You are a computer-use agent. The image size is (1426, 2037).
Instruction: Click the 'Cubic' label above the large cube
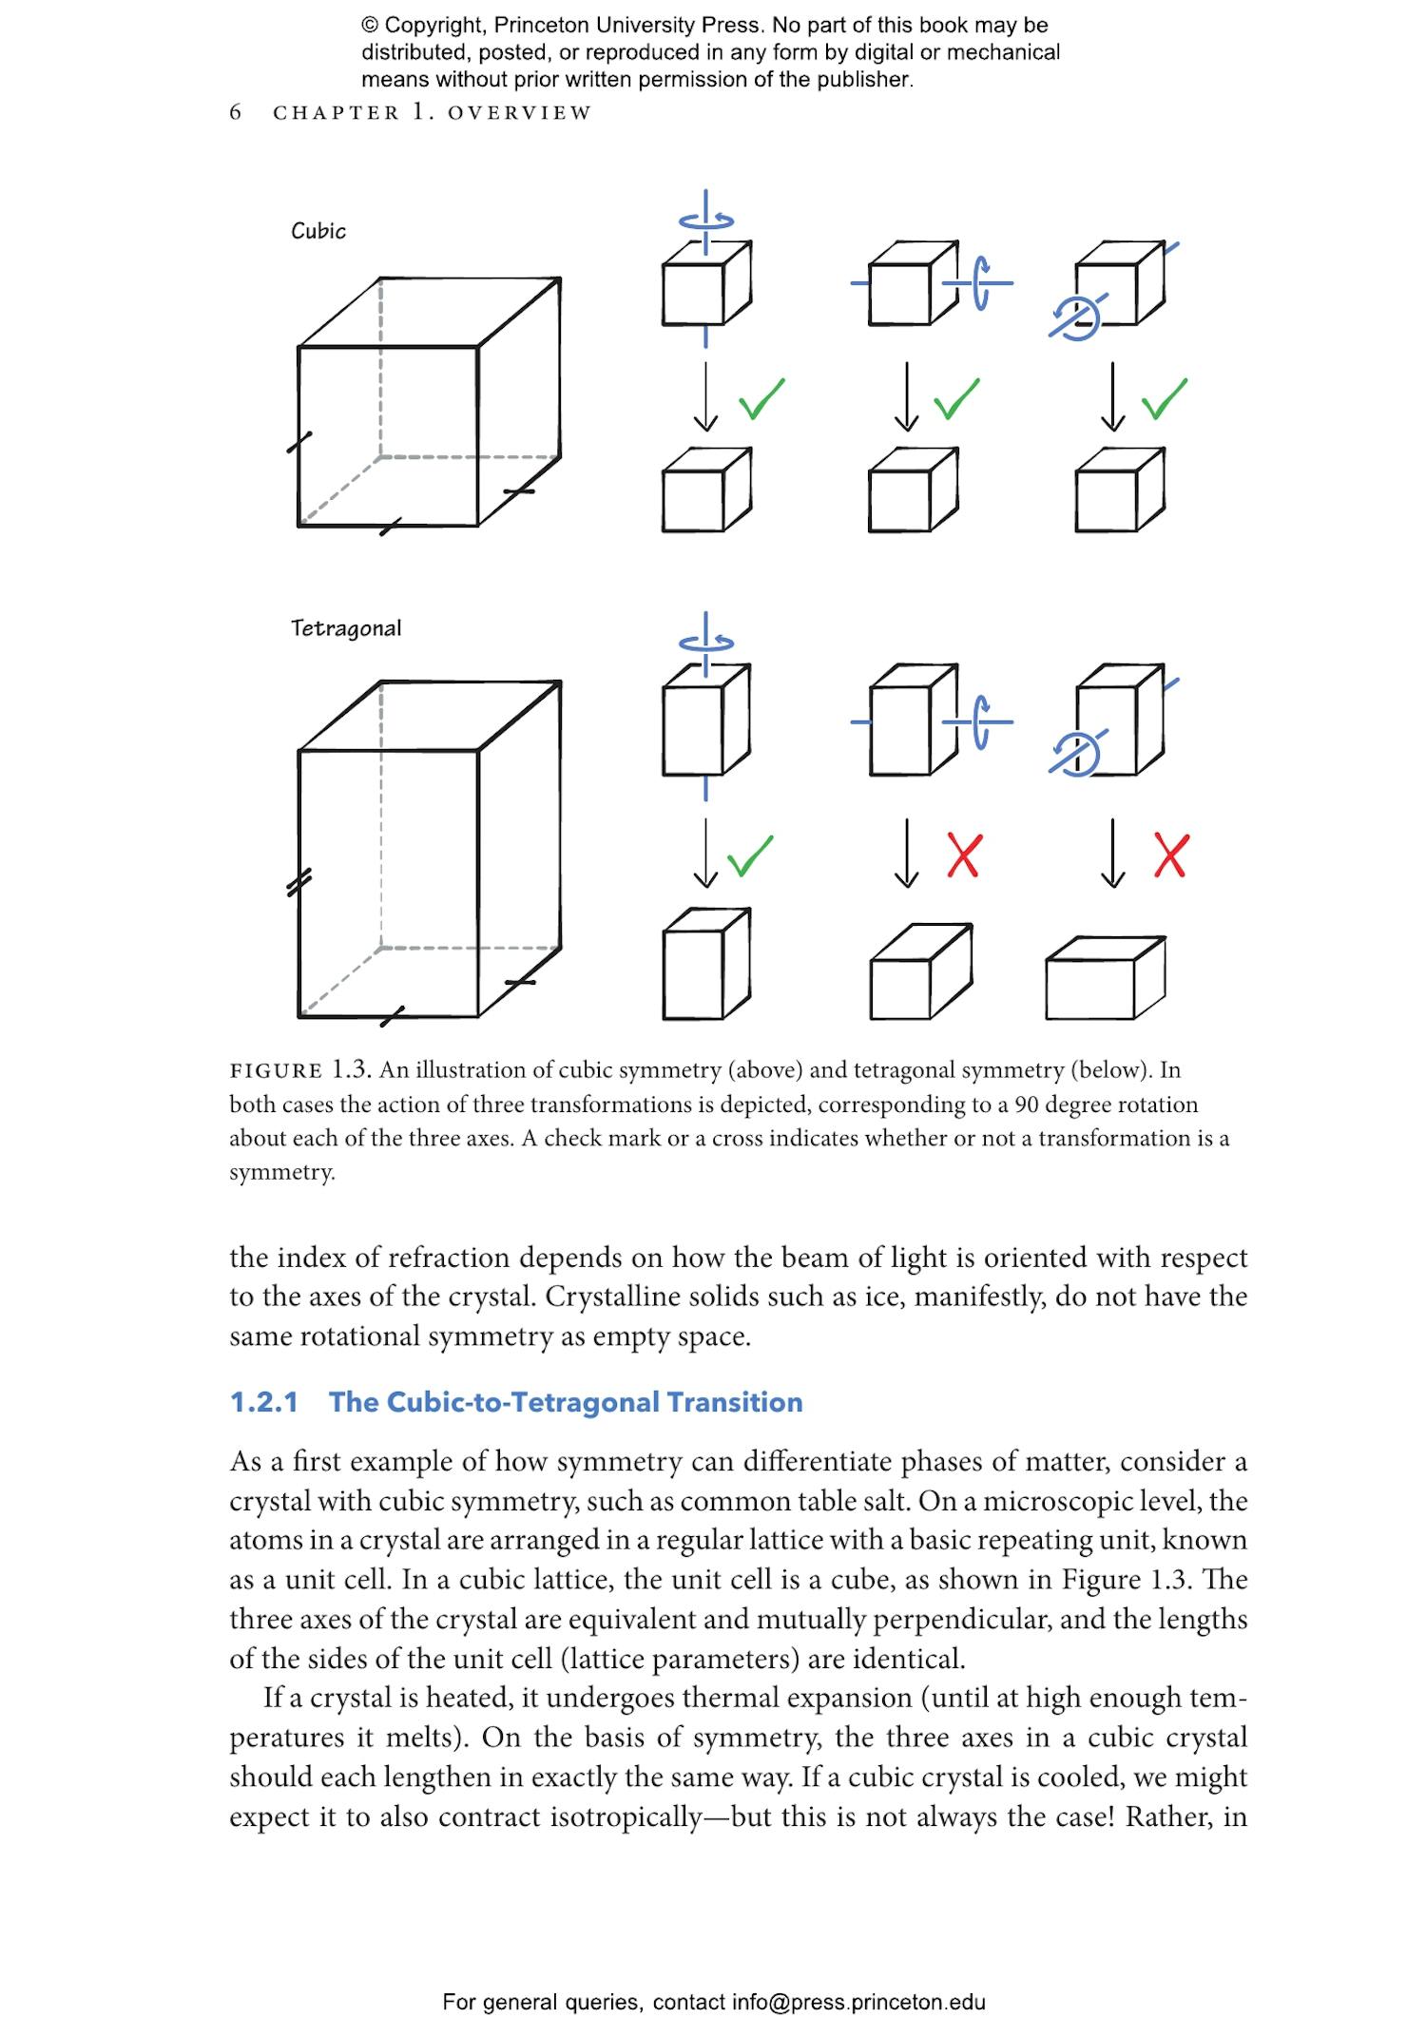click(x=318, y=231)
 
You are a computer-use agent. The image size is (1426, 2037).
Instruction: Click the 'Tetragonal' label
click(x=346, y=628)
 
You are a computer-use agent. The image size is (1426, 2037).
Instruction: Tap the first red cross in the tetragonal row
click(x=963, y=855)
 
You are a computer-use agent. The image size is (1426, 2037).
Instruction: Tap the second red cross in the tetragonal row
click(x=1170, y=855)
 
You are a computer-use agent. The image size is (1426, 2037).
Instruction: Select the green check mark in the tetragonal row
click(x=750, y=855)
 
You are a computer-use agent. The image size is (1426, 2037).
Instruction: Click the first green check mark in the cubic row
click(x=761, y=398)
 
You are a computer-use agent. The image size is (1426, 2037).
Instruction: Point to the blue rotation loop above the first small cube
click(x=706, y=221)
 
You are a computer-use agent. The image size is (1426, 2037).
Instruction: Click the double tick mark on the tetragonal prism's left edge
click(x=299, y=883)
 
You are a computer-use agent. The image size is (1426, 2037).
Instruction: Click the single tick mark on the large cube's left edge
click(x=299, y=442)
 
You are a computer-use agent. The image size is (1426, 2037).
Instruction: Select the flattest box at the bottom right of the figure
click(x=1104, y=979)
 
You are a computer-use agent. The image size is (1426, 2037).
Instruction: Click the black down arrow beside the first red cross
click(x=907, y=853)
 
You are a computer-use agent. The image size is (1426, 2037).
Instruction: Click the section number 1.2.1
click(x=263, y=1402)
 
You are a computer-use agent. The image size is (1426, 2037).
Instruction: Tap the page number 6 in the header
click(x=236, y=112)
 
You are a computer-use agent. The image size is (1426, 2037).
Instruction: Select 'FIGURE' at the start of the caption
click(x=276, y=1071)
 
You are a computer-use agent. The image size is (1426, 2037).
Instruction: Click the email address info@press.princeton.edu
click(x=858, y=2002)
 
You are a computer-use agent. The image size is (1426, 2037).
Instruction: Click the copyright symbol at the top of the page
click(x=370, y=26)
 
